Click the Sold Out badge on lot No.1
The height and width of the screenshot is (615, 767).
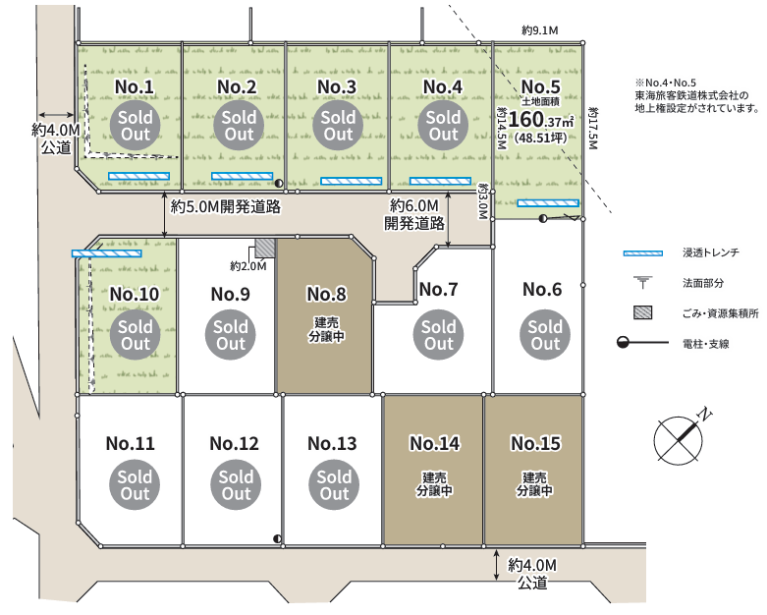tap(135, 125)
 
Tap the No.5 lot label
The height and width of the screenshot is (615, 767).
tap(540, 86)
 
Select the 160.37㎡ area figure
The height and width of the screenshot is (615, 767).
tap(540, 120)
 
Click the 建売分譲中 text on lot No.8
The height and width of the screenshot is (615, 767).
tap(326, 329)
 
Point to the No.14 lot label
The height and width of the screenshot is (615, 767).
tap(435, 443)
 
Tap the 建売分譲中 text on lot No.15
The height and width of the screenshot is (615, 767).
tap(534, 484)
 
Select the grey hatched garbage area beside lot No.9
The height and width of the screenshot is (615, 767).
tap(265, 248)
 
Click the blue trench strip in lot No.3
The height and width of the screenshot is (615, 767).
tap(352, 181)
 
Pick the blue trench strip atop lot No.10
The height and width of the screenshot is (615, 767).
tap(107, 253)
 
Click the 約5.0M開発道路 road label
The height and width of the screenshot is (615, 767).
tap(226, 207)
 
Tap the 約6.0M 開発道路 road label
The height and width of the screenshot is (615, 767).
tap(414, 214)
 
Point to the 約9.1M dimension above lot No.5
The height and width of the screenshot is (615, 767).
tap(540, 30)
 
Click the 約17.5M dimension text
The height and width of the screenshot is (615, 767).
tap(593, 128)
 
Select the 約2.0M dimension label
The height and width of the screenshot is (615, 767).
tap(248, 266)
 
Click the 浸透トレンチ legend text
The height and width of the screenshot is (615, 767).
tap(711, 252)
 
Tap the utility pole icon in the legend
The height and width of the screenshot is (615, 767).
tap(642, 343)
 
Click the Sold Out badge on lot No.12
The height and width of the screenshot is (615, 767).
tap(236, 485)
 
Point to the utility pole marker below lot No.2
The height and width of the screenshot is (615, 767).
tap(279, 184)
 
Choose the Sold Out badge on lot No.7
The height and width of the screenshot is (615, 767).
tap(438, 335)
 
